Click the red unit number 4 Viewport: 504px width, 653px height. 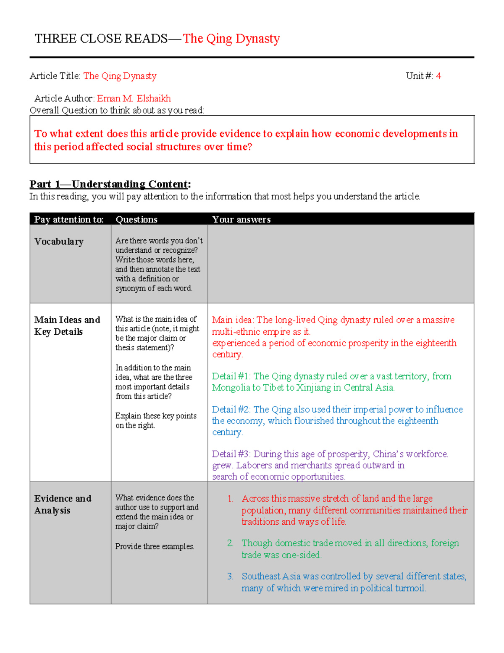tap(438, 76)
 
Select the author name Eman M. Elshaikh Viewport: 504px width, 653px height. tap(134, 98)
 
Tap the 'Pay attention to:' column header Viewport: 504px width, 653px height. tap(69, 219)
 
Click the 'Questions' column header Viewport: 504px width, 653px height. tap(136, 219)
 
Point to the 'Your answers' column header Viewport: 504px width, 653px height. tap(241, 219)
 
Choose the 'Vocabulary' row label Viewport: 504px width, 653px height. tap(59, 242)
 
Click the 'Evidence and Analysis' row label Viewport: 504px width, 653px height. tap(63, 504)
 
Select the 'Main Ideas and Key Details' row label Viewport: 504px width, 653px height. tap(67, 326)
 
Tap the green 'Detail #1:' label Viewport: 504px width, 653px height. tap(231, 376)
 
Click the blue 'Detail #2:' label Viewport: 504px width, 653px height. tap(231, 410)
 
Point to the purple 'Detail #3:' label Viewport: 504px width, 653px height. tap(231, 454)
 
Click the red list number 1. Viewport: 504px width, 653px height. tap(230, 499)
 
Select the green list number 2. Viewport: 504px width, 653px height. tap(230, 543)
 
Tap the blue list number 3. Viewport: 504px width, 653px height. tap(230, 576)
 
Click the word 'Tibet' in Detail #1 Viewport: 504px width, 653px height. tap(273, 388)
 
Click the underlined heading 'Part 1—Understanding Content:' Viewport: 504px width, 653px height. tap(110, 184)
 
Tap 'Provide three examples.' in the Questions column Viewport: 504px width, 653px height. tap(155, 547)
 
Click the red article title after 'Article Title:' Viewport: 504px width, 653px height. tap(120, 76)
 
